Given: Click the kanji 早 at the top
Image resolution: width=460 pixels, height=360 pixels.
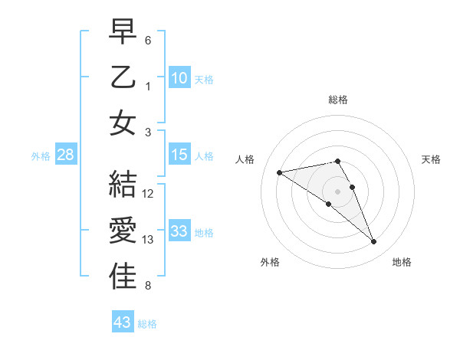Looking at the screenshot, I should pyautogui.click(x=123, y=32).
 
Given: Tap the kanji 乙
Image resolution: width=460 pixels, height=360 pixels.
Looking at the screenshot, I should pyautogui.click(x=123, y=77).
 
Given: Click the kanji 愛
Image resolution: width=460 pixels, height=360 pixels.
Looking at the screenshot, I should pyautogui.click(x=123, y=231).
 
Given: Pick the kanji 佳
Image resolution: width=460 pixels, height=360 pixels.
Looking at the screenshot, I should pyautogui.click(x=123, y=276).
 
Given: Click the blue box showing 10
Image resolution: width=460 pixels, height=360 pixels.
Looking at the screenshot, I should pyautogui.click(x=179, y=78).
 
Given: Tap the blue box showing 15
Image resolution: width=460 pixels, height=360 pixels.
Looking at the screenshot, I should pyautogui.click(x=179, y=155).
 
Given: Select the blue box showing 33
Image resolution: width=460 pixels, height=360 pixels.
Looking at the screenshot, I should pyautogui.click(x=179, y=231).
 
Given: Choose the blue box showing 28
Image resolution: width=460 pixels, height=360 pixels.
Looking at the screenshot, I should pyautogui.click(x=65, y=155).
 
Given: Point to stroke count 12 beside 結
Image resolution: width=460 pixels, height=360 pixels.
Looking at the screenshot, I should pyautogui.click(x=148, y=194).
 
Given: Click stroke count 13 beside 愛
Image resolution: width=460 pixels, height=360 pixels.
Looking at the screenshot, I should pyautogui.click(x=148, y=240).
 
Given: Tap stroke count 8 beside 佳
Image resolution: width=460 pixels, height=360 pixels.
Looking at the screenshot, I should pyautogui.click(x=148, y=286).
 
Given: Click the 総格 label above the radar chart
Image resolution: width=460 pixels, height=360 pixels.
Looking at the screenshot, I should pyautogui.click(x=338, y=100).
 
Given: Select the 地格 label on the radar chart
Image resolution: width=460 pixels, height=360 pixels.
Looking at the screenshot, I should pyautogui.click(x=402, y=262).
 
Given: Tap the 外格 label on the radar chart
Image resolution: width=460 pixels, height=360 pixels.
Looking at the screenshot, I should pyautogui.click(x=270, y=262).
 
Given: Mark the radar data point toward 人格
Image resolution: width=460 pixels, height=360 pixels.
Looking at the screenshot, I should pyautogui.click(x=279, y=172).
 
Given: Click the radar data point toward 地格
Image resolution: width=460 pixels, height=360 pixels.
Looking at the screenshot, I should pyautogui.click(x=373, y=242).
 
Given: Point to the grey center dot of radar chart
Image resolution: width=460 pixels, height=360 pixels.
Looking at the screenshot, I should pyautogui.click(x=338, y=191).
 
